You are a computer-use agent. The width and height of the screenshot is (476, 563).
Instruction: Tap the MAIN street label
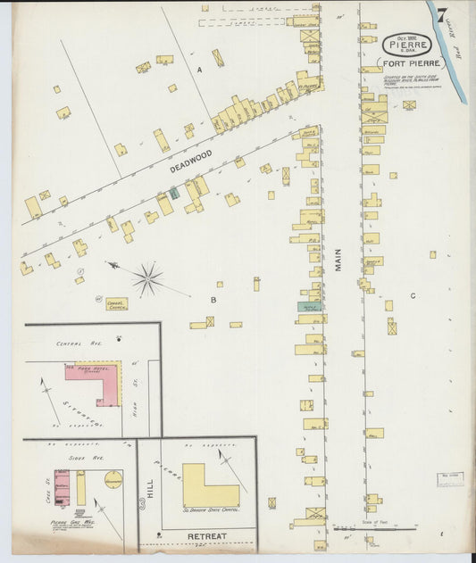click(339, 259)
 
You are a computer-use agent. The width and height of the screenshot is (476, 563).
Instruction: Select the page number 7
click(442, 14)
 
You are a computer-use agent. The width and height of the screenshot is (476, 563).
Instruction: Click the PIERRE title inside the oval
click(407, 45)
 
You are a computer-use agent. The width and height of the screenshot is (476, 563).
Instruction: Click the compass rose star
click(147, 279)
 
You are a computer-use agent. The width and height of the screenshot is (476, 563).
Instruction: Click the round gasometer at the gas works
click(113, 480)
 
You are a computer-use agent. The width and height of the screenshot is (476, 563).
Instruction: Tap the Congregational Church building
click(116, 303)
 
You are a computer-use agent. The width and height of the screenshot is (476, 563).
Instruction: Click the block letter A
click(200, 69)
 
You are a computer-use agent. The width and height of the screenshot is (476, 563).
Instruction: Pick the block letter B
click(213, 300)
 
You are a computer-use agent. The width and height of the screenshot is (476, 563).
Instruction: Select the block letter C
click(413, 295)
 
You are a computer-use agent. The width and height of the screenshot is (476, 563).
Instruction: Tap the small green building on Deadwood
click(174, 192)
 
